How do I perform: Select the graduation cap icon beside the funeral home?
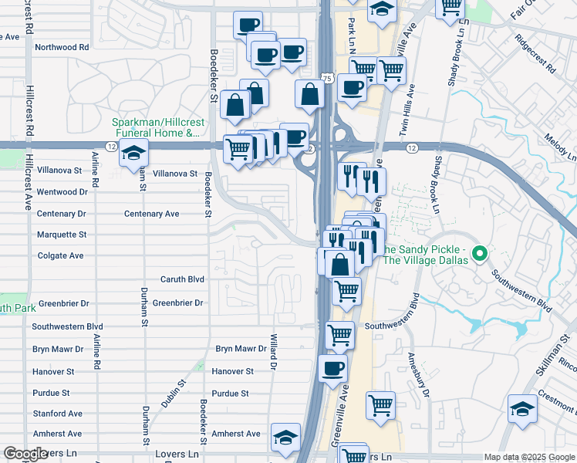[133, 154]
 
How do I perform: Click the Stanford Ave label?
[57, 414]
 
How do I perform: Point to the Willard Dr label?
[272, 350]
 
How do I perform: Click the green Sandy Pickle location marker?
[479, 253]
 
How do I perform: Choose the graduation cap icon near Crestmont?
[522, 410]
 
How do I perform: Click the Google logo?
[25, 454]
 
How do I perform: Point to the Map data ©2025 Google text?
[529, 457]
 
